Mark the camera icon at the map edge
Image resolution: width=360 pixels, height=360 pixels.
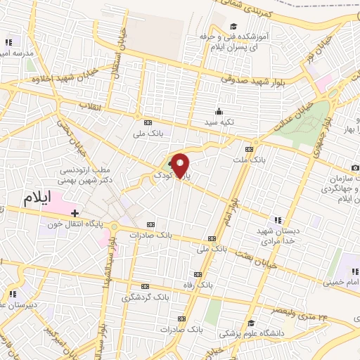(355, 167)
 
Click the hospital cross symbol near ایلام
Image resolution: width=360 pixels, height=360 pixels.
(75, 212)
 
